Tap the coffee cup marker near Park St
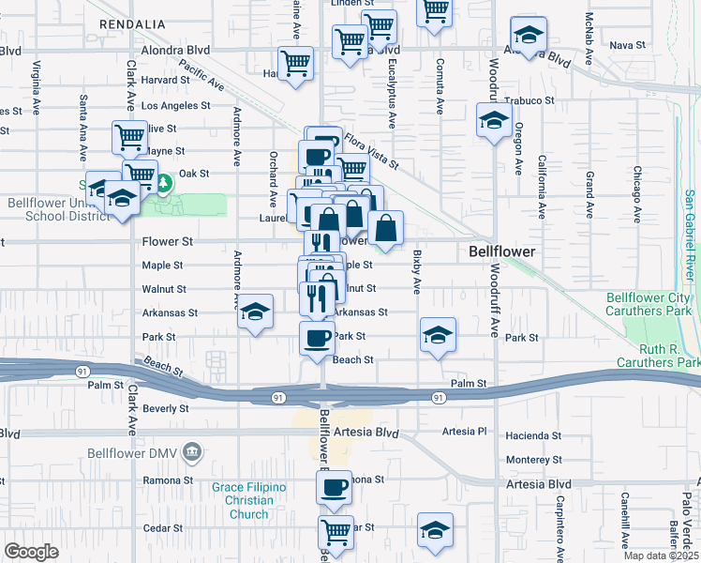318,336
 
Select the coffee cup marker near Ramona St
335,487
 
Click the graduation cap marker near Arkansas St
254,312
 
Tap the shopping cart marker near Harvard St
296,64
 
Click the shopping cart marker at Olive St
129,136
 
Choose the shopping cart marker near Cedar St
336,531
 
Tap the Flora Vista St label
371,150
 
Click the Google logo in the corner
31,552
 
